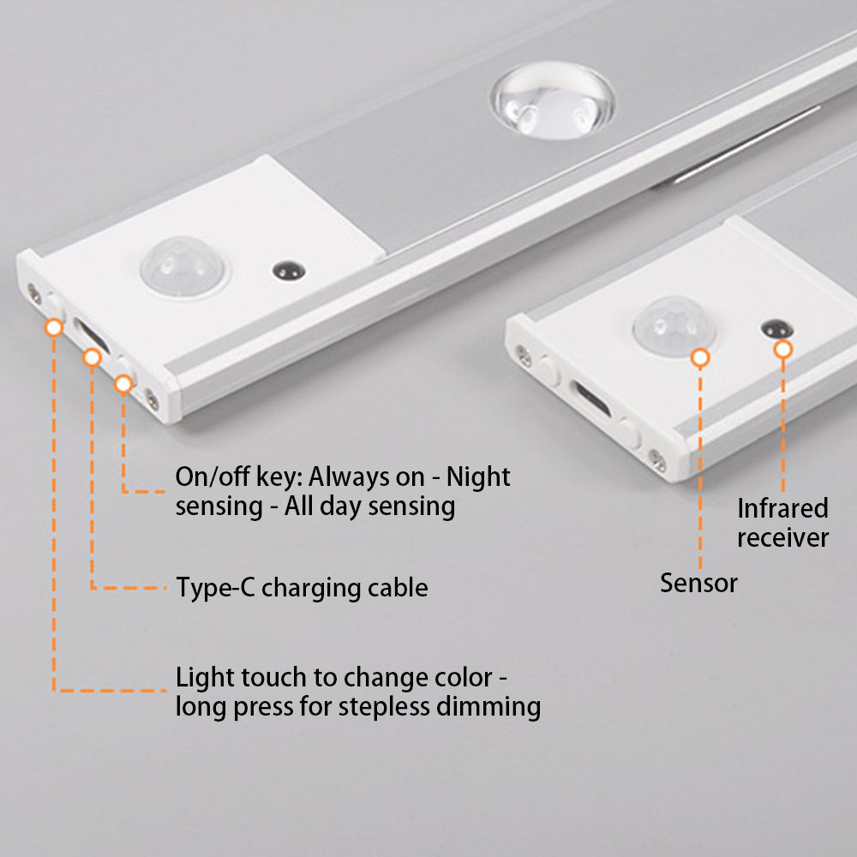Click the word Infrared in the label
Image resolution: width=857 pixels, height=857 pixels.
[x=782, y=508]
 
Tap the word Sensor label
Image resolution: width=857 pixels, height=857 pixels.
[x=698, y=583]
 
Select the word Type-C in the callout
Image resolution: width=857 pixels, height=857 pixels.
[x=215, y=588]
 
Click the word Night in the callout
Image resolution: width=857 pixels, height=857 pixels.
[x=477, y=476]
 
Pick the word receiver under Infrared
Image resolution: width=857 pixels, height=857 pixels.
[x=782, y=538]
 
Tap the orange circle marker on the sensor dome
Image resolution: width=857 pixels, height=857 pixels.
[x=700, y=358]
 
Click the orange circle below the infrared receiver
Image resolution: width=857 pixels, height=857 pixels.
[x=783, y=350]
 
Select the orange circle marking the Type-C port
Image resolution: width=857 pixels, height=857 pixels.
[x=92, y=357]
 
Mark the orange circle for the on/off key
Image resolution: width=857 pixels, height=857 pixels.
[x=123, y=384]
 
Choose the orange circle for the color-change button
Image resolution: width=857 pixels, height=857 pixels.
[x=53, y=327]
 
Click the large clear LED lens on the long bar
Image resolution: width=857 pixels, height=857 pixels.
[x=553, y=100]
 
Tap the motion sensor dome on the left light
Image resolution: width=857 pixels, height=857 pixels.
[x=183, y=267]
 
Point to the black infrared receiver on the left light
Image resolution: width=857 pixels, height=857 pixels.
[x=289, y=271]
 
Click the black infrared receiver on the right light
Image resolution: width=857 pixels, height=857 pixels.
[x=777, y=328]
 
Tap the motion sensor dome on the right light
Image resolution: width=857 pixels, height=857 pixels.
[x=674, y=327]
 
